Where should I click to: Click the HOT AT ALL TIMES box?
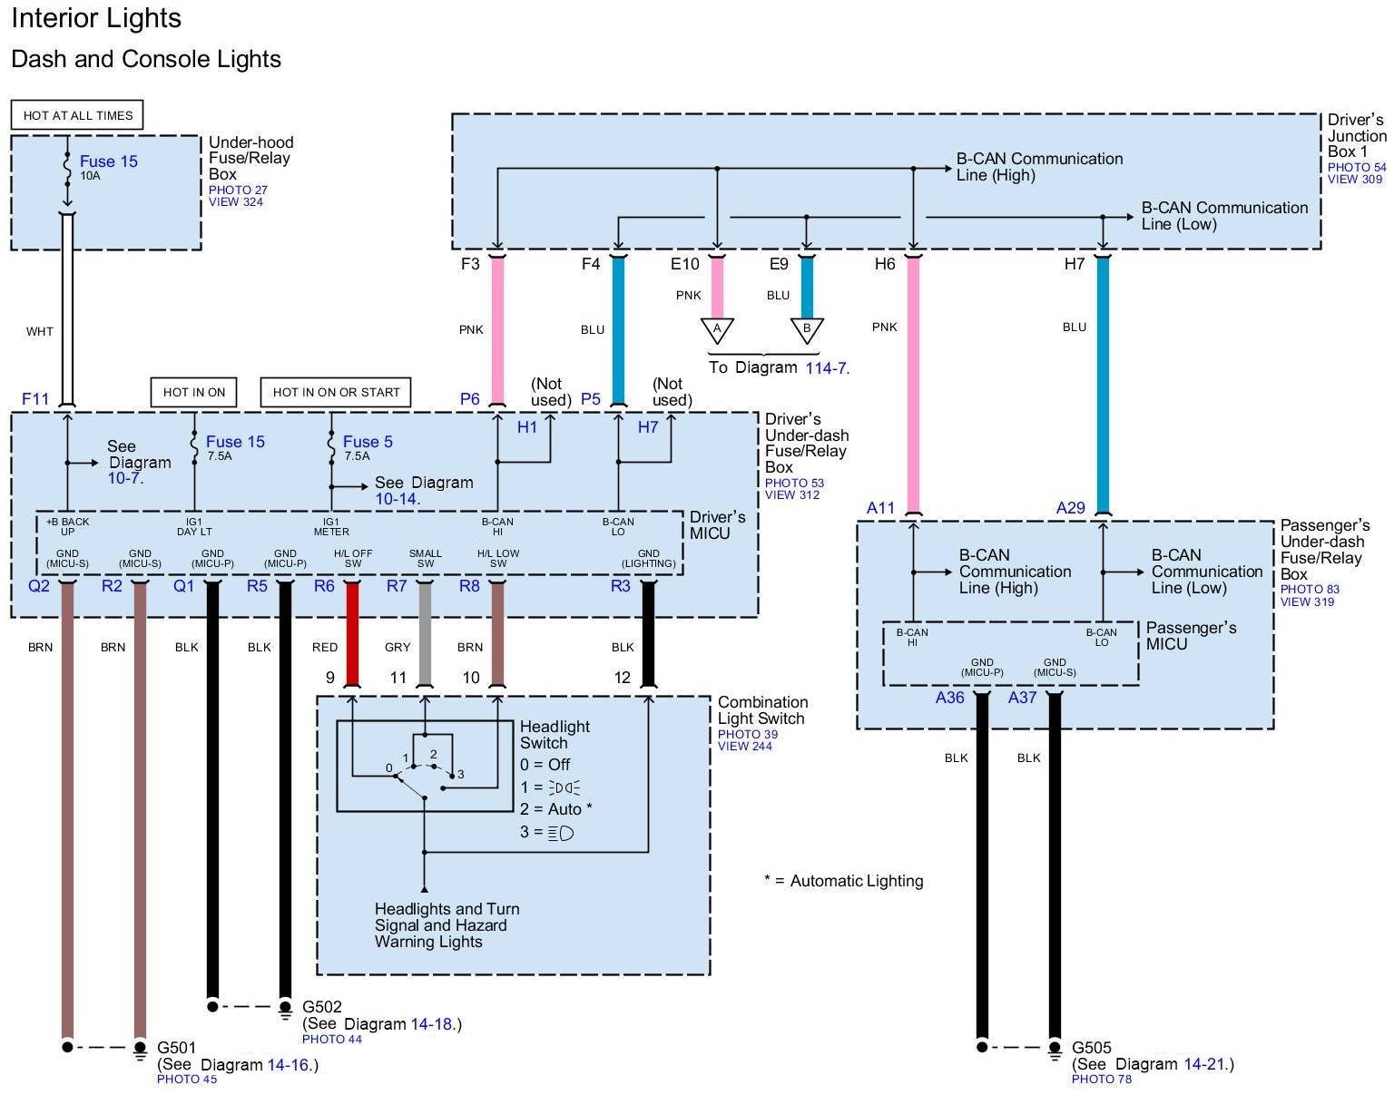77,115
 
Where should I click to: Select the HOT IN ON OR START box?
336,392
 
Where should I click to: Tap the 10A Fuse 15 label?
108,161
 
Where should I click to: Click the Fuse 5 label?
368,442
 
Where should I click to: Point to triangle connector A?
717,329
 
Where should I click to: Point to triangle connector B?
806,329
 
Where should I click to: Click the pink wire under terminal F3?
496,331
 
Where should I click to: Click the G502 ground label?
322,1007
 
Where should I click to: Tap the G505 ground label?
1092,1048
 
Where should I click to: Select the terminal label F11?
35,399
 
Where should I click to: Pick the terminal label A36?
950,698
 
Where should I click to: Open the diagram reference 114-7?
826,367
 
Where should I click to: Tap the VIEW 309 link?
1355,180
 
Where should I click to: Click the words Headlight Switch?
555,735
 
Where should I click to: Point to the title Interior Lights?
96,18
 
